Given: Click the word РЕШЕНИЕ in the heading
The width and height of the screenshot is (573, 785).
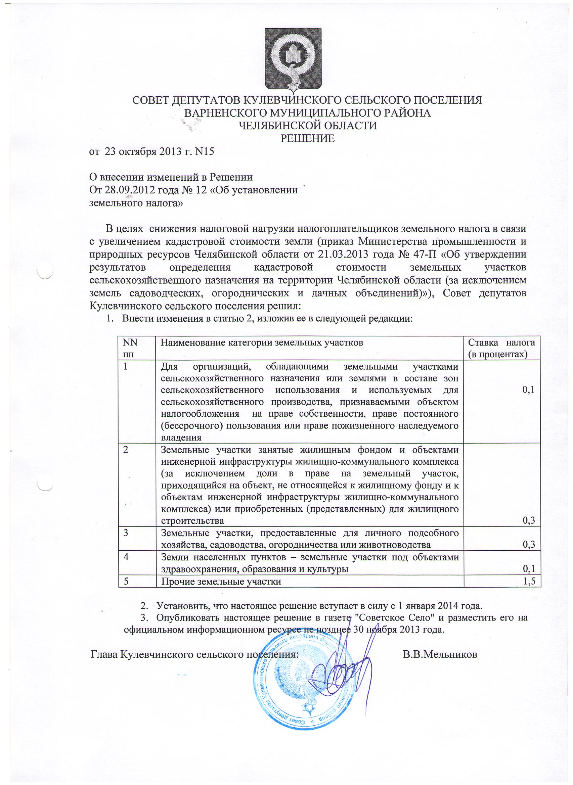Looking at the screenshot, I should (307, 139).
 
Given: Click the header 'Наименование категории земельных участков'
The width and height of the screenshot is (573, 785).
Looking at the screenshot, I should (262, 343).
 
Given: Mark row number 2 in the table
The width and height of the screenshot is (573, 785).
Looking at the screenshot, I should (126, 450).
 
